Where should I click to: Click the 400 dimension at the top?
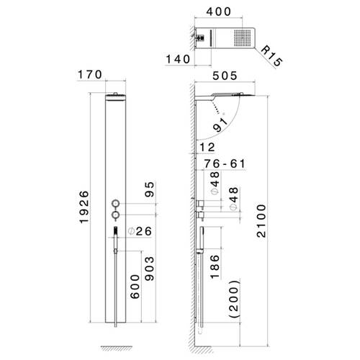(218, 12)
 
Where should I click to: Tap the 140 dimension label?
(178, 59)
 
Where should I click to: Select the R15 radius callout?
(271, 56)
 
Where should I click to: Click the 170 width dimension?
(90, 75)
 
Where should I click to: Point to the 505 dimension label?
(225, 76)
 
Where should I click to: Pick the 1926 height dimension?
(84, 207)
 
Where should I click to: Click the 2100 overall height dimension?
(261, 221)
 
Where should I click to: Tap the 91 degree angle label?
(221, 124)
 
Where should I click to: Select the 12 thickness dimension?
(207, 147)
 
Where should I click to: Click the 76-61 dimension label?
(225, 163)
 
